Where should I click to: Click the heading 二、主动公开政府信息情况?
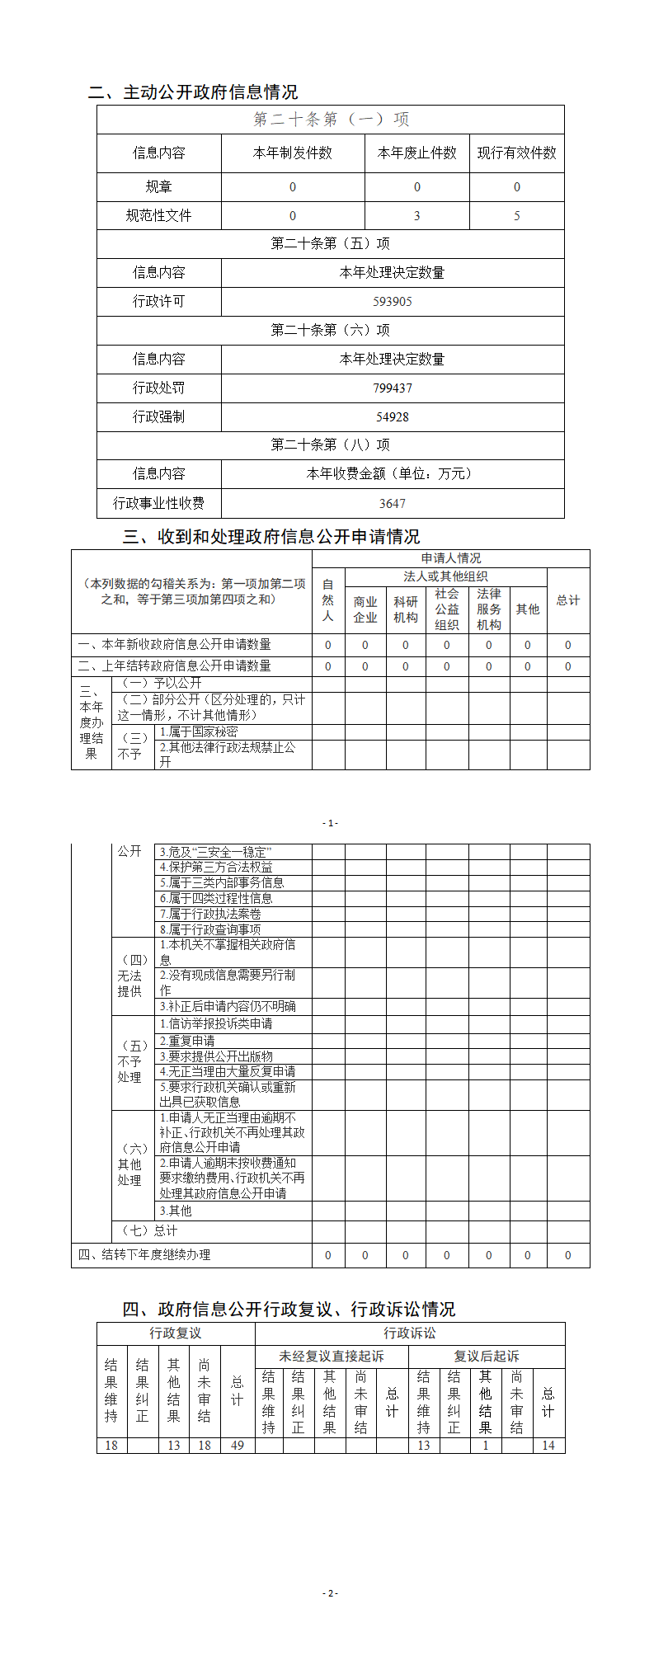[193, 92]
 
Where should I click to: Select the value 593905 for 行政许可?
[393, 302]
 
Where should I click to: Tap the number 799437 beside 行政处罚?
[393, 388]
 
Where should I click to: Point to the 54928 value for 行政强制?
[393, 417]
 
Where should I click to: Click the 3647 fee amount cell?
[393, 504]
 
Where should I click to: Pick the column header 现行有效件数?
[517, 153]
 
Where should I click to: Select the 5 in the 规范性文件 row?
[517, 216]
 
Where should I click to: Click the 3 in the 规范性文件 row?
[416, 216]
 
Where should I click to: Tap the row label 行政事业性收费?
[158, 503]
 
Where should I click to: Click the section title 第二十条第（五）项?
[330, 244]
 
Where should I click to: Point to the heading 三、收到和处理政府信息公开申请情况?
[271, 537]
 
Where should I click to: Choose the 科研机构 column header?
[405, 609]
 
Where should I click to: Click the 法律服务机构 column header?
[488, 609]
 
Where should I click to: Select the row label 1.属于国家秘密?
[199, 731]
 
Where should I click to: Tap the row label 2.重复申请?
[187, 1041]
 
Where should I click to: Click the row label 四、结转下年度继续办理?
[144, 1254]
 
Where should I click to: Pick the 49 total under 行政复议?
[238, 1445]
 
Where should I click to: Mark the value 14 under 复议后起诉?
[548, 1445]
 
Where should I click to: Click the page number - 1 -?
[330, 823]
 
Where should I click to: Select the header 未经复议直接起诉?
[332, 1356]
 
